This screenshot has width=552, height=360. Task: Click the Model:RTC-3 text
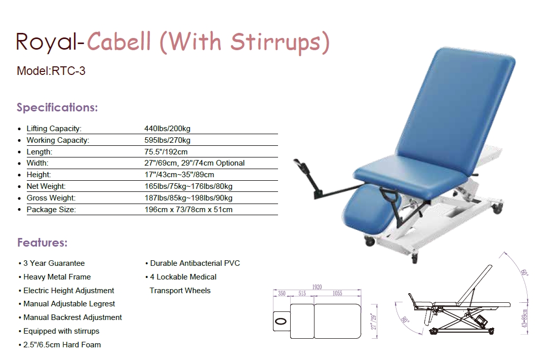click(x=51, y=71)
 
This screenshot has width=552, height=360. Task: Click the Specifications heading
click(x=57, y=107)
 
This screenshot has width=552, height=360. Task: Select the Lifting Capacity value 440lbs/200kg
click(x=167, y=129)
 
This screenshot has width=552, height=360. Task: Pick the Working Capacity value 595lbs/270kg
click(x=167, y=140)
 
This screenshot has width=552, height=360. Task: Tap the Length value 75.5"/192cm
click(x=166, y=152)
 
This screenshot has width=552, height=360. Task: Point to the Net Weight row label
click(x=46, y=186)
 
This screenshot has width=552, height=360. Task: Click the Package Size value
click(x=188, y=210)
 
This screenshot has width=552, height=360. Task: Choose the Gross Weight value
click(x=188, y=198)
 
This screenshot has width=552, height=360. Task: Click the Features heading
click(x=42, y=243)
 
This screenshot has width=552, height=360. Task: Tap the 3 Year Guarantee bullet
click(x=52, y=263)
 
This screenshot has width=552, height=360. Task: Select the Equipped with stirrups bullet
click(x=59, y=331)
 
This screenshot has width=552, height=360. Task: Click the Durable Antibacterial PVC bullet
click(x=192, y=263)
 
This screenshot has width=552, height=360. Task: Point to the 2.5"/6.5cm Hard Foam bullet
click(x=59, y=345)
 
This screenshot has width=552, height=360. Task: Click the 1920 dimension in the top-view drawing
click(x=317, y=287)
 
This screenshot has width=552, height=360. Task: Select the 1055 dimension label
click(x=337, y=293)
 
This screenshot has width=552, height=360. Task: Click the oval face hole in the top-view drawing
click(x=281, y=321)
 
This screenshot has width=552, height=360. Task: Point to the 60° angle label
click(x=525, y=272)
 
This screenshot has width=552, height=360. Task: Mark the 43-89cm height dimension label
click(x=525, y=318)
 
